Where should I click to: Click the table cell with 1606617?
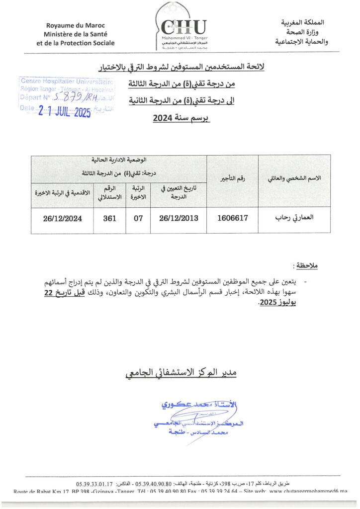click(232, 218)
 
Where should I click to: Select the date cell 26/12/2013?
click(179, 218)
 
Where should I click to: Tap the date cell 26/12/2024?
click(62, 218)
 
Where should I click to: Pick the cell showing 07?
click(139, 218)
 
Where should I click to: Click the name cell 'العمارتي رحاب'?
click(294, 218)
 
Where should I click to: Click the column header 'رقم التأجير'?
click(232, 178)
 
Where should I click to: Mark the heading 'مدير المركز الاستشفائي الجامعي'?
click(180, 372)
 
